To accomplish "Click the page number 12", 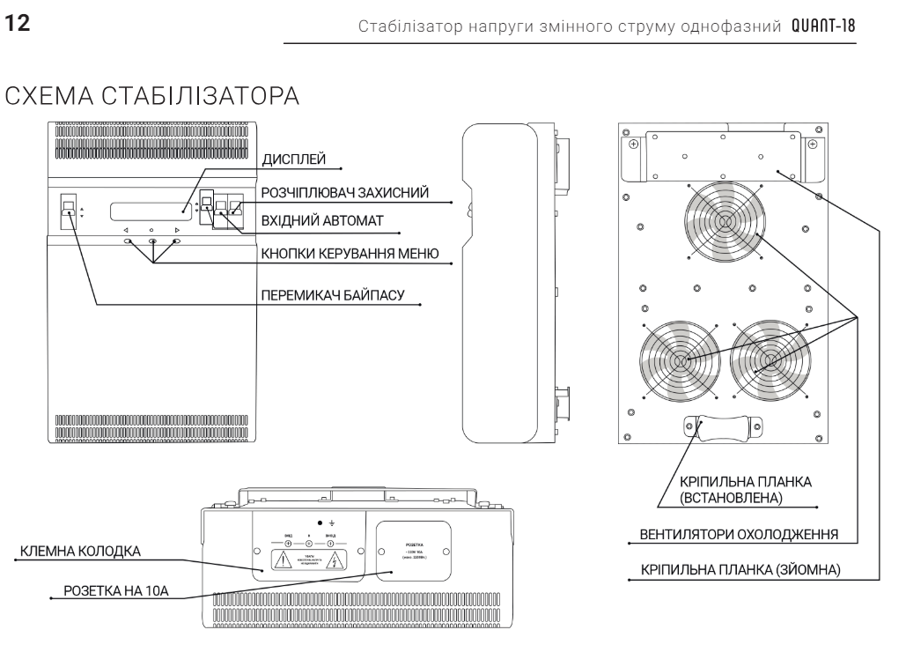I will (17, 23).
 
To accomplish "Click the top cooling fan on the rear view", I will (723, 223).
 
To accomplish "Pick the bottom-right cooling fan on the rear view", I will (772, 359).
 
